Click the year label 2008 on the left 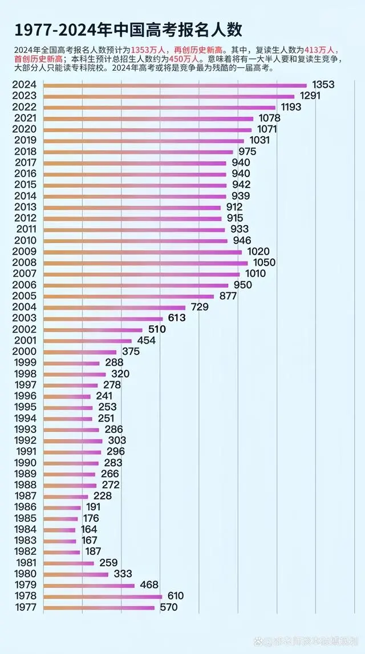pos(25,263)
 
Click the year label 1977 pos(25,607)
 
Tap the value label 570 pos(168,607)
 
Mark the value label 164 pos(89,529)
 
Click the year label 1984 pos(25,530)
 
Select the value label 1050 pos(263,263)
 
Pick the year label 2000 pos(25,352)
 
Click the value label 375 pos(131,351)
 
